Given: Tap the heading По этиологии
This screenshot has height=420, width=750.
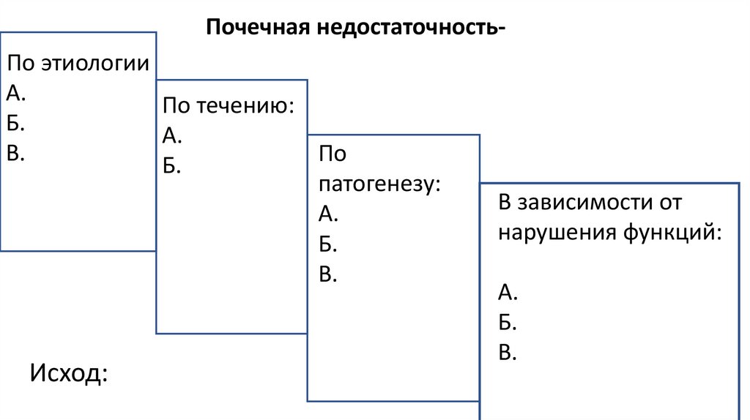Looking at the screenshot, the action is (x=78, y=63).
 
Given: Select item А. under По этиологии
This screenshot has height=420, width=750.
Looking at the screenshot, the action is (x=17, y=92).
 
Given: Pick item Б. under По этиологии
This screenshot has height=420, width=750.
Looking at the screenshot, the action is (x=16, y=122).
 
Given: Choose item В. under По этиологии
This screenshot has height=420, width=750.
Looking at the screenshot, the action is (x=16, y=152).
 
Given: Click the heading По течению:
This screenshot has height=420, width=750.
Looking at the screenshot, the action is (x=229, y=106).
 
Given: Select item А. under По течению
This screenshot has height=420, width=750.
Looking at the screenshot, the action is (x=172, y=136).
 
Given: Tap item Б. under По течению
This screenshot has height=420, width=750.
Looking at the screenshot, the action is (x=171, y=166).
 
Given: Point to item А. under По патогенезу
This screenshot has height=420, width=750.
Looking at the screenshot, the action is (x=328, y=214).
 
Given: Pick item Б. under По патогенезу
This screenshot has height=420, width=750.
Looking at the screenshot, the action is (x=327, y=244).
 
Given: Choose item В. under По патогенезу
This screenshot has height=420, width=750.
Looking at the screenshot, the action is (x=327, y=274).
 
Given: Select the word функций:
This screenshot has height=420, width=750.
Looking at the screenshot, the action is (x=674, y=233).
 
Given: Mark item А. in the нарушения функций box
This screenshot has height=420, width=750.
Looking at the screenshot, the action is (x=508, y=293).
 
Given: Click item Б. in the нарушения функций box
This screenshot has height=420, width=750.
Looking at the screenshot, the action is (x=508, y=323).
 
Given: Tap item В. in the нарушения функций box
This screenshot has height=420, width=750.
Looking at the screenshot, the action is (x=508, y=353).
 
